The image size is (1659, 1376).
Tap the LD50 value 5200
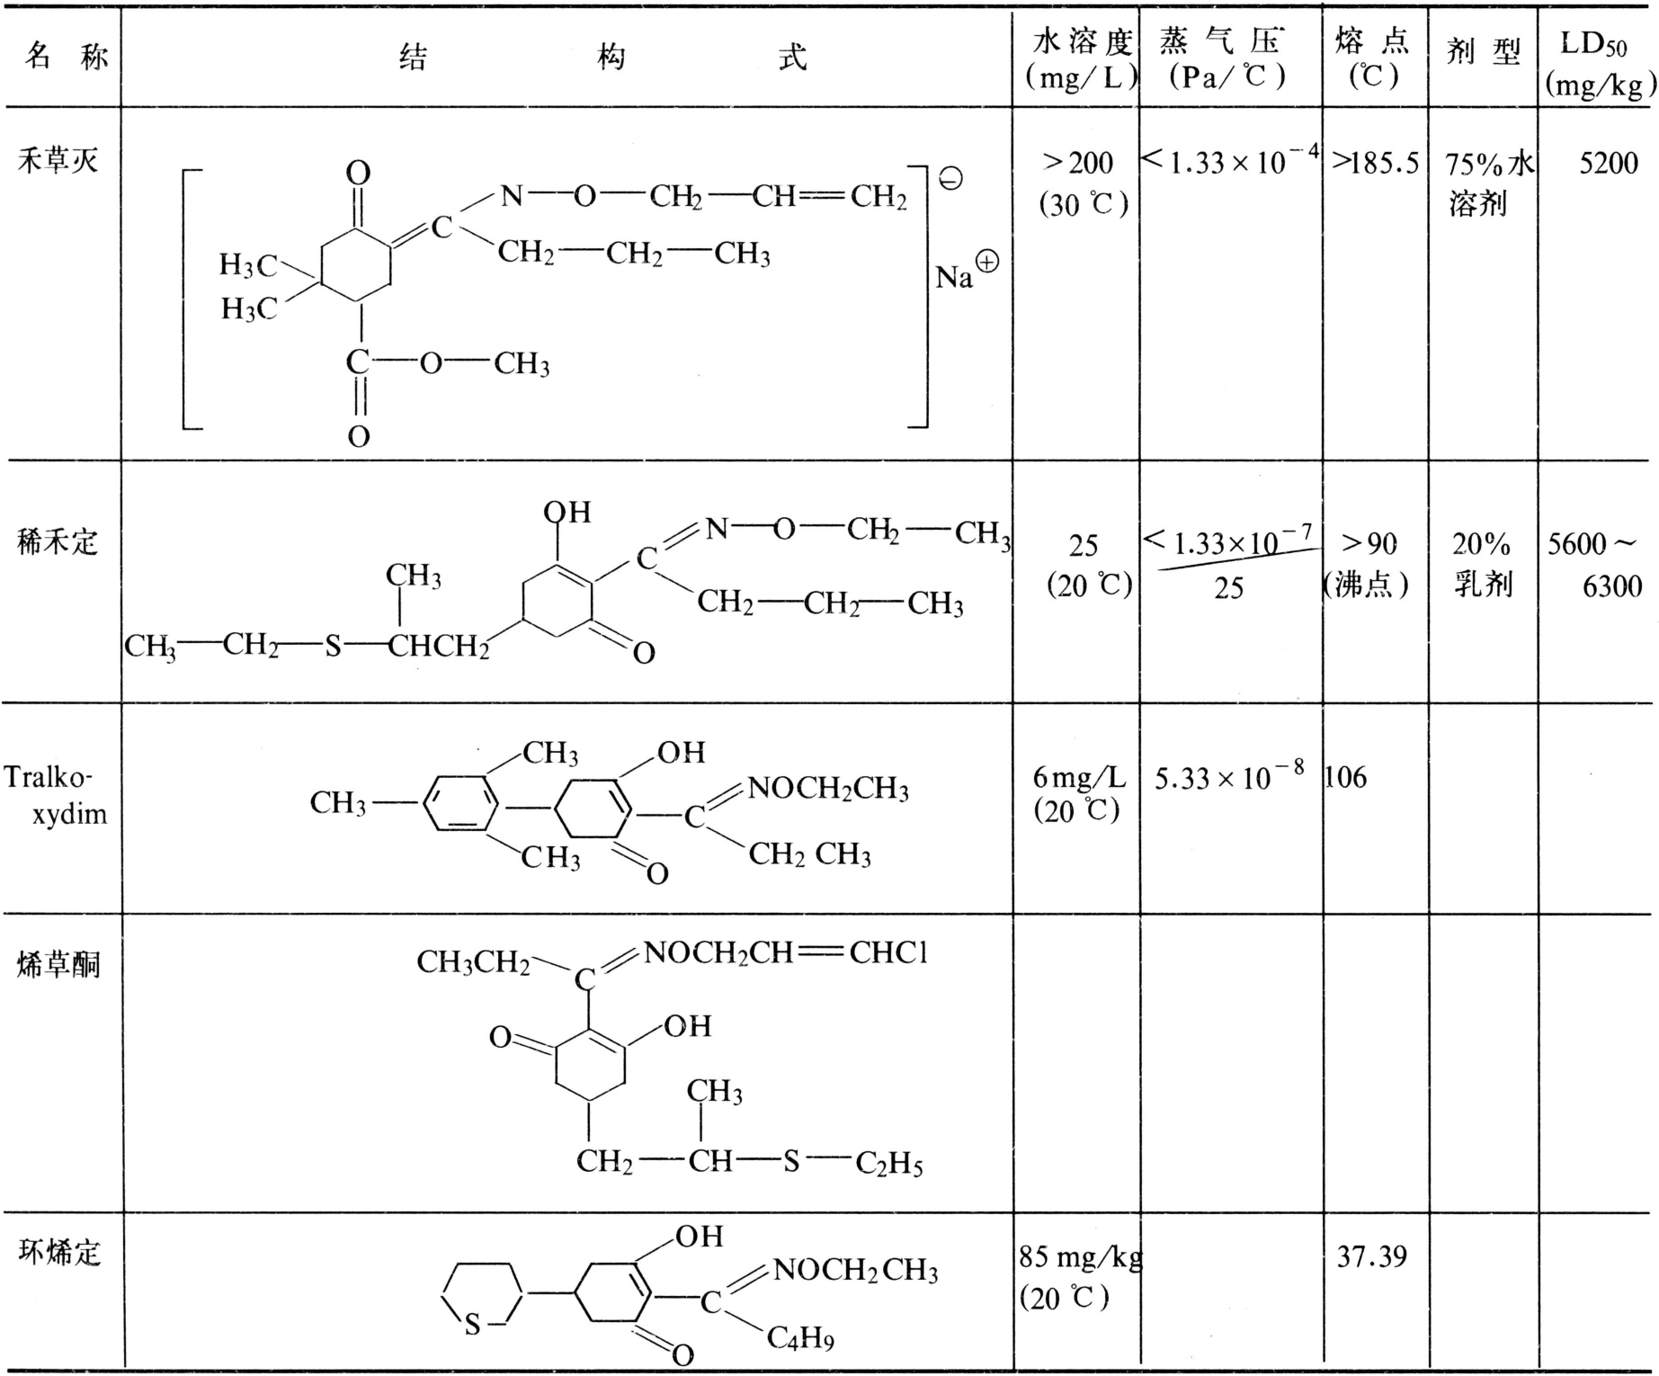[1609, 163]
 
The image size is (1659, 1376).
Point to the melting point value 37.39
[1371, 1255]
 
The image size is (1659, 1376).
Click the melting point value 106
[1346, 777]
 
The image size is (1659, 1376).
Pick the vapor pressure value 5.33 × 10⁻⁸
[1229, 776]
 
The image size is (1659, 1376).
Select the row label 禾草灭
[58, 161]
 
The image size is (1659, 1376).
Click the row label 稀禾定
[58, 541]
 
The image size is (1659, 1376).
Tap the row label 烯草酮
[58, 964]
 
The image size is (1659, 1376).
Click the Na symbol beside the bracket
[955, 276]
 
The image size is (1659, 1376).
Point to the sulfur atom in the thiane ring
[472, 1325]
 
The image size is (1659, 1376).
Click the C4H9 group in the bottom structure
[800, 1338]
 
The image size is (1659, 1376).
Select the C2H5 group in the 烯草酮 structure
[888, 1164]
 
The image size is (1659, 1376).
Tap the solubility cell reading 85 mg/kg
[1080, 1256]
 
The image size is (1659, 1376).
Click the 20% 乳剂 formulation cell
[1482, 564]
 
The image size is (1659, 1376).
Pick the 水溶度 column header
[1079, 59]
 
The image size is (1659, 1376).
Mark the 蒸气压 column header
[1228, 59]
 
